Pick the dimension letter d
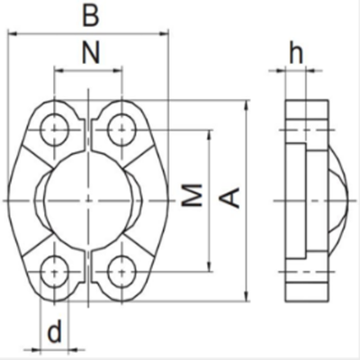point(54,333)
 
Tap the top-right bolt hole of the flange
point(121,130)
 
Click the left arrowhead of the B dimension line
point(12,32)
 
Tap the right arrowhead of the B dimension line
point(165,32)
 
